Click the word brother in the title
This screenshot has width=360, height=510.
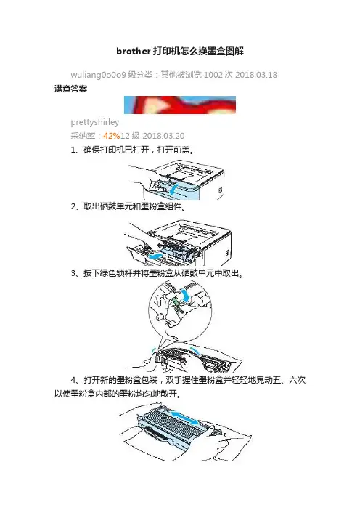(x=134, y=52)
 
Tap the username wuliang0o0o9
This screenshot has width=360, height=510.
(x=98, y=75)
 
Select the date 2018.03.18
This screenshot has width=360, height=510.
(x=256, y=75)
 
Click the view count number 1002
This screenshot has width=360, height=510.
(x=213, y=75)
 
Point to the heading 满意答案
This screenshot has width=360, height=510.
(x=71, y=89)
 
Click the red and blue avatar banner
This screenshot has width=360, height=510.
(x=180, y=105)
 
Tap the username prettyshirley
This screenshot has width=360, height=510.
(x=95, y=122)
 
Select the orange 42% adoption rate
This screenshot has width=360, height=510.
(x=112, y=136)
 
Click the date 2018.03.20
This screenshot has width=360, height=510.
(x=163, y=136)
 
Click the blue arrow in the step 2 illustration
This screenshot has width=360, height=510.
(x=155, y=256)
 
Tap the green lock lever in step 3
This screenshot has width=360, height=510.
(x=175, y=301)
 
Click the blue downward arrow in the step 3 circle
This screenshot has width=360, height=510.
(x=187, y=294)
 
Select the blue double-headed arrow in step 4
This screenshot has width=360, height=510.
(x=185, y=418)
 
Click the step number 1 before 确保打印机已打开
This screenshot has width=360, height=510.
(x=73, y=150)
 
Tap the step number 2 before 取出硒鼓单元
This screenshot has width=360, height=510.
(x=73, y=206)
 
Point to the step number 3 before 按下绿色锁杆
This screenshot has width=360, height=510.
(x=73, y=273)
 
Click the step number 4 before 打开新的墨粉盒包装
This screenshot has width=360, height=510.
(x=74, y=380)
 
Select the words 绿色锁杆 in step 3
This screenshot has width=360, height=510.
(x=116, y=273)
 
